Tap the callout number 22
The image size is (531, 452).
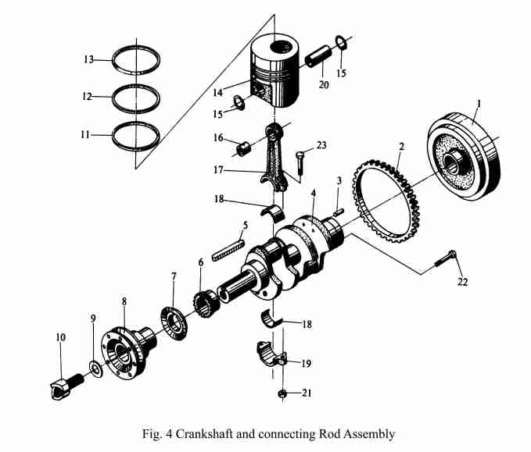point(462,282)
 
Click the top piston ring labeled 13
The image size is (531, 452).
point(137,59)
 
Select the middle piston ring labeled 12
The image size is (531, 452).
point(137,98)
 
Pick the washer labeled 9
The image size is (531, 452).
point(95,366)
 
